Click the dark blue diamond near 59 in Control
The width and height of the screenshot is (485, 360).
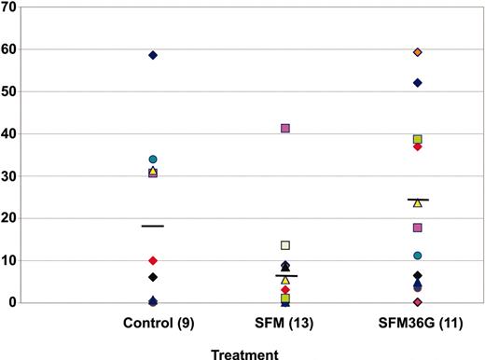(x=153, y=55)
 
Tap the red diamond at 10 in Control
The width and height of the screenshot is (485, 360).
(x=153, y=260)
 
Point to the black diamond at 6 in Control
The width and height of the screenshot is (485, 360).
(x=153, y=277)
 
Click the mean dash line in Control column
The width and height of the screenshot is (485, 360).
(x=153, y=226)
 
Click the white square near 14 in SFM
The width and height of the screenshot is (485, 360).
(x=285, y=245)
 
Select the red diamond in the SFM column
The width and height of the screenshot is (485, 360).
(x=285, y=290)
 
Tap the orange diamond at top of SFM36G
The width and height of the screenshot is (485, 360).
(x=418, y=52)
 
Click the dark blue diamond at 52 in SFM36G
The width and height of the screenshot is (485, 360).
(x=418, y=83)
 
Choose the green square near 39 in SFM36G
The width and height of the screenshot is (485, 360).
(x=418, y=139)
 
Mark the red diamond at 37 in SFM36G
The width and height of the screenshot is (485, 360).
(x=418, y=146)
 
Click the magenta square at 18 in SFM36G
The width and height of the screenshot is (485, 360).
(x=418, y=228)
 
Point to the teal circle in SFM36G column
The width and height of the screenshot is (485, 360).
(x=418, y=256)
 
